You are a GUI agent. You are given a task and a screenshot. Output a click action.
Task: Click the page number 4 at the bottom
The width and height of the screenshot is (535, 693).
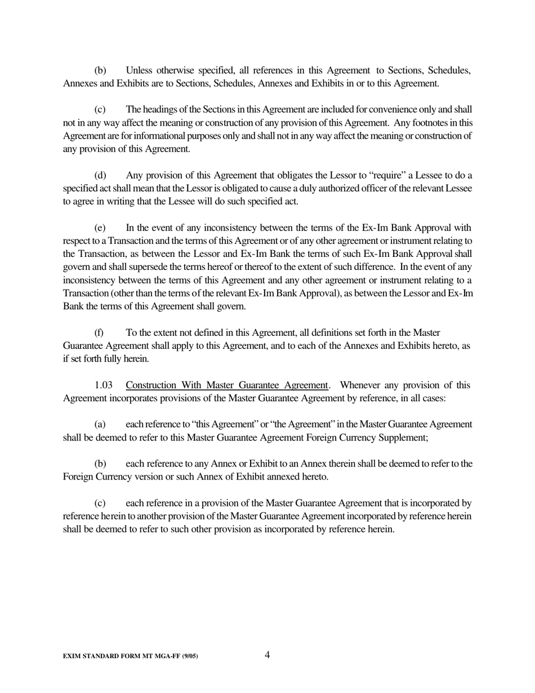point(267,655)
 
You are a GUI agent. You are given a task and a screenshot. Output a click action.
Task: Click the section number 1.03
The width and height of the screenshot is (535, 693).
point(103,385)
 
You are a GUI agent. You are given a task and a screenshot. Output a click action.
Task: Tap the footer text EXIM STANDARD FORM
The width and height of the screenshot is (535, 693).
point(107,656)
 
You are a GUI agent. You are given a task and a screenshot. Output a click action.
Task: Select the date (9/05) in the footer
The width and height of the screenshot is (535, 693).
point(190,656)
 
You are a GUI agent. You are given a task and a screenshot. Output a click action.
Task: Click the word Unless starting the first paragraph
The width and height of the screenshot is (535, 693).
point(139,70)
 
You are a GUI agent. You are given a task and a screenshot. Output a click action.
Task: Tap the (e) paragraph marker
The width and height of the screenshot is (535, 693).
point(100,228)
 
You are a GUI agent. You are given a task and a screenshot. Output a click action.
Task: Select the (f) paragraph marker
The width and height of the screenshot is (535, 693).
point(99,332)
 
